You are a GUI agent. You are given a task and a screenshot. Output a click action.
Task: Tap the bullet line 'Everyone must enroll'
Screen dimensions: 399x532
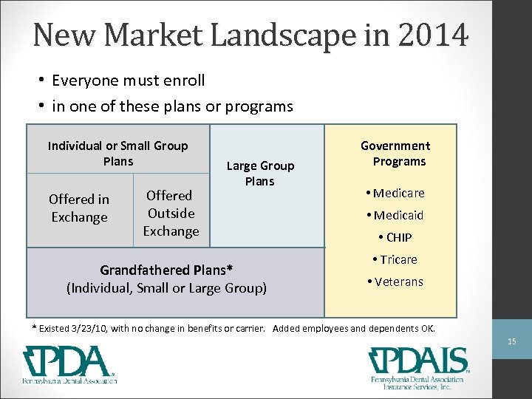coord(129,80)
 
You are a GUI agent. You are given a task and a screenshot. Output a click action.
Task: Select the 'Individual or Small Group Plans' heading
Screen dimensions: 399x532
coord(118,154)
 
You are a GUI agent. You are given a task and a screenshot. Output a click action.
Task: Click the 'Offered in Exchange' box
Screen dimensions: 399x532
coord(79,208)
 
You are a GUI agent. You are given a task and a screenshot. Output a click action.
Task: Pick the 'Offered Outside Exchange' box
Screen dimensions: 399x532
coord(171,213)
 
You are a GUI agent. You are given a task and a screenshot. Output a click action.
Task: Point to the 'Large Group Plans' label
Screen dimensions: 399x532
coord(260,174)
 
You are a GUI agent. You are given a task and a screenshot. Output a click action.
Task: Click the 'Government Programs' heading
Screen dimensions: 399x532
coord(396,154)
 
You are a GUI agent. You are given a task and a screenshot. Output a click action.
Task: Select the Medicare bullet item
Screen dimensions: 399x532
coord(395,194)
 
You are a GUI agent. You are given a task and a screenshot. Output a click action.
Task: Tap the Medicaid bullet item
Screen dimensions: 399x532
coord(395,216)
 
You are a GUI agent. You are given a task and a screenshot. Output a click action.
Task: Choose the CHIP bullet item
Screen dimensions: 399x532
coord(395,238)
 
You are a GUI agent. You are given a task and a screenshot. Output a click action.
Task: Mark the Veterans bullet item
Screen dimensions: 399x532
coord(395,282)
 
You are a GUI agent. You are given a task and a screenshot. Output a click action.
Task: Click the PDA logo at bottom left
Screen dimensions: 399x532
coord(69,365)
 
